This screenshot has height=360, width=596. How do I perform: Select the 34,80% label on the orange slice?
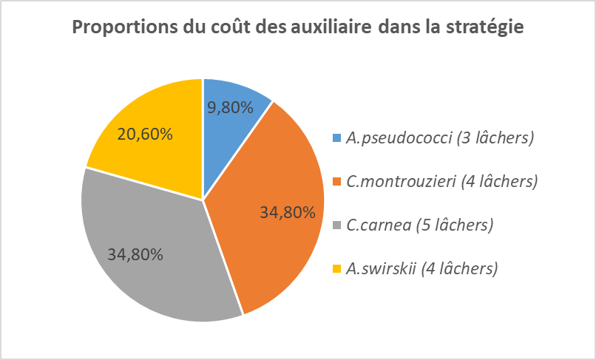288,212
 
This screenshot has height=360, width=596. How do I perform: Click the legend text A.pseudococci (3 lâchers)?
440,137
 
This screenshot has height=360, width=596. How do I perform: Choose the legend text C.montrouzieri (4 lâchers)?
441,180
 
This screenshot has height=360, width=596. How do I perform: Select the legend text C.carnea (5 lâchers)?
419,224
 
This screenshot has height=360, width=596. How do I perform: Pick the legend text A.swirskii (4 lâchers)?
421,268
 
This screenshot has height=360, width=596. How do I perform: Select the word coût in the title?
238,28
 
